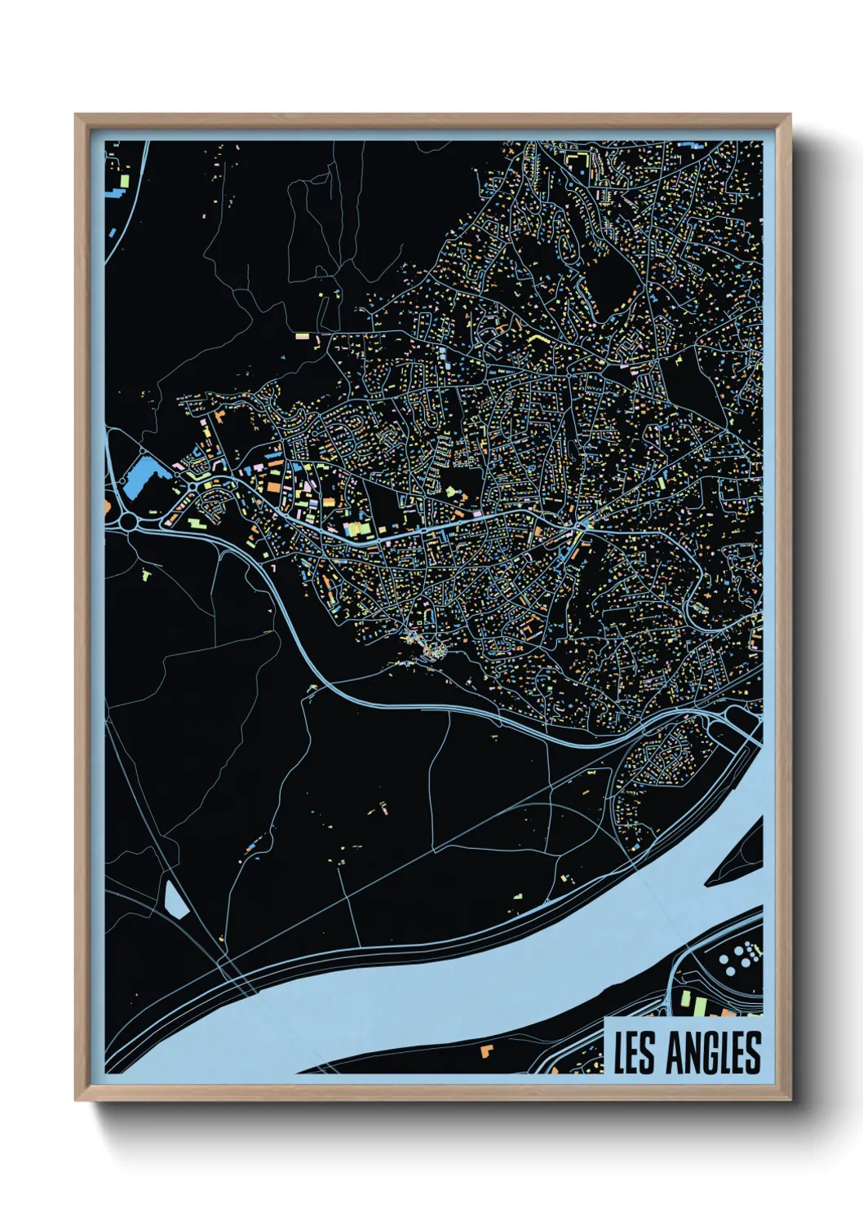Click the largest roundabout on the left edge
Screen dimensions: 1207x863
(128, 519)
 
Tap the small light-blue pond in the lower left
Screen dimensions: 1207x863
(175, 899)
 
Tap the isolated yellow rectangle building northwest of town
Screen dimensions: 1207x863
(303, 335)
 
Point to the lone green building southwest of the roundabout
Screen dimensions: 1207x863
(146, 575)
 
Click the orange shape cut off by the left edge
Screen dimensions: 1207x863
(108, 506)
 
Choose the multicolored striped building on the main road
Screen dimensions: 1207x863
(356, 528)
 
